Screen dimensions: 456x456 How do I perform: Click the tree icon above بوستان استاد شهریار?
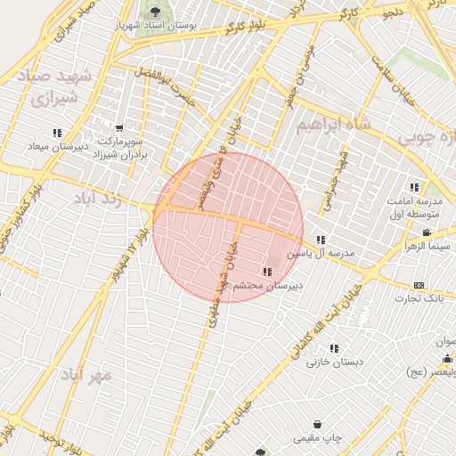(156, 12)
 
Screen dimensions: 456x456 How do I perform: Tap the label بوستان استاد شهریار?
(156, 26)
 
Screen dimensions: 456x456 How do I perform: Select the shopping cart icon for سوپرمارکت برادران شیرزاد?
(119, 128)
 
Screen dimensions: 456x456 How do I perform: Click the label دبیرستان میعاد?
(57, 146)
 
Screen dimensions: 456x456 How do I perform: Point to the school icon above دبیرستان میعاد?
(58, 134)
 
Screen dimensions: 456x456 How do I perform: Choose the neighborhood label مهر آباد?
(86, 375)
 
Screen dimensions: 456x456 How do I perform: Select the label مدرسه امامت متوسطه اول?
(414, 208)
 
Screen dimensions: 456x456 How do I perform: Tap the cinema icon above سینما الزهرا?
(428, 232)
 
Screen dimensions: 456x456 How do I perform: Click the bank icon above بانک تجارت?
(419, 285)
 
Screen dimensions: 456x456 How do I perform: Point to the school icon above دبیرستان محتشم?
(267, 272)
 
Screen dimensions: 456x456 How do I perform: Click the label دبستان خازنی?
(331, 362)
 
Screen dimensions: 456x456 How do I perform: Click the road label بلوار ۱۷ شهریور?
(125, 258)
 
